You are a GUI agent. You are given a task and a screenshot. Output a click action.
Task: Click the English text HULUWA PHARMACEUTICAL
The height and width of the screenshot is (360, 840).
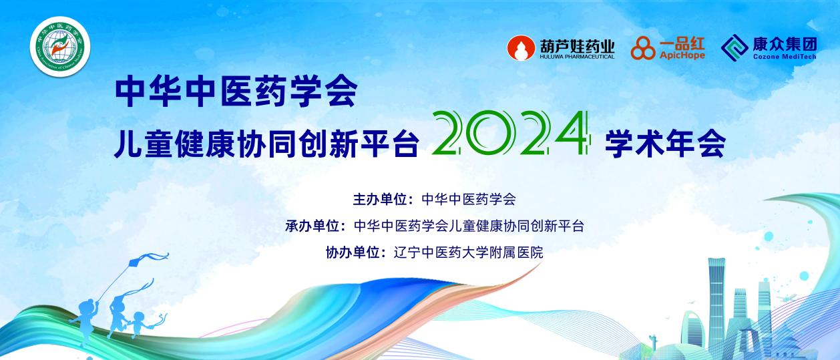(577, 57)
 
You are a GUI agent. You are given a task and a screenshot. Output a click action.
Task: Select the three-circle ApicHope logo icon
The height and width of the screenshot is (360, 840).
(644, 48)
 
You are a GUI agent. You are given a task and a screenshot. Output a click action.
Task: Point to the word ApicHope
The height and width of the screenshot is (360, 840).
(682, 57)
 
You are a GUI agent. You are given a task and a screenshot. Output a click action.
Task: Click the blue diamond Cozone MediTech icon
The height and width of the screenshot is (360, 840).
(735, 47)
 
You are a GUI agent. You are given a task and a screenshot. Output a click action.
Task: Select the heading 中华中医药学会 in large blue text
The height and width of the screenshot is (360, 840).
(236, 91)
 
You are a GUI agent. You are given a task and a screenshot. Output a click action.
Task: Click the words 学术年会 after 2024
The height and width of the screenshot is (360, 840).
(664, 144)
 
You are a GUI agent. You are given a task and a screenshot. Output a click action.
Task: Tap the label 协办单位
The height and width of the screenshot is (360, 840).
(353, 252)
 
